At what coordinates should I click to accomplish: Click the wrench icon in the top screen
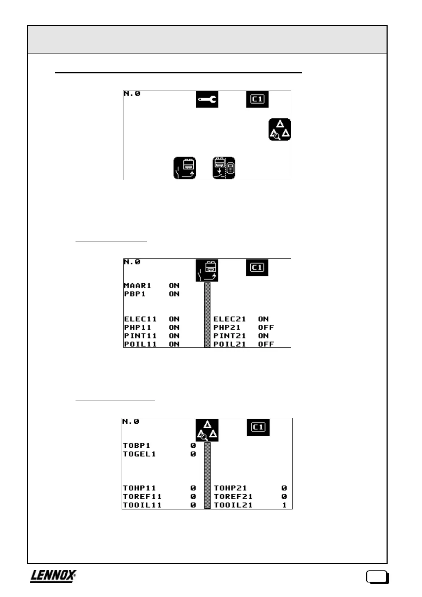(x=207, y=99)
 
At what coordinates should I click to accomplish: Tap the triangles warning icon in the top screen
(x=279, y=130)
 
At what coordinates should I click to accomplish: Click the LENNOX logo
(x=53, y=576)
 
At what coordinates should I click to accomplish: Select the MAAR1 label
(x=138, y=285)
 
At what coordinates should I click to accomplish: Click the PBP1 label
(x=135, y=294)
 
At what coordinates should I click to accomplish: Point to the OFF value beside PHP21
(x=266, y=327)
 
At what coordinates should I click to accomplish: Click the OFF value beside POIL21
(x=266, y=344)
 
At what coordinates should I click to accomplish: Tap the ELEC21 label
(x=229, y=319)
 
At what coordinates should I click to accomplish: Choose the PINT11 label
(x=140, y=336)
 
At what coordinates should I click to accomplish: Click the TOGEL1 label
(x=139, y=454)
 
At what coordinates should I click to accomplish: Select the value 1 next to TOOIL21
(x=284, y=505)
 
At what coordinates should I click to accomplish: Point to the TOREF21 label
(x=233, y=497)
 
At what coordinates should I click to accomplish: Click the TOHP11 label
(x=139, y=488)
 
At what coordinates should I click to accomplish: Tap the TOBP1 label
(x=137, y=446)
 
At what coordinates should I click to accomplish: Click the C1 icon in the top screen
(x=257, y=99)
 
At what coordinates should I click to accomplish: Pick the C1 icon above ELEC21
(x=257, y=268)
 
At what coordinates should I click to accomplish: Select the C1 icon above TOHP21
(x=258, y=427)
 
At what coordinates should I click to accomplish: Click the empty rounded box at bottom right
(x=377, y=577)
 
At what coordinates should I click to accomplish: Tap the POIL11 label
(x=140, y=344)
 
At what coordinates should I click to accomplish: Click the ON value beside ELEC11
(x=174, y=319)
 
